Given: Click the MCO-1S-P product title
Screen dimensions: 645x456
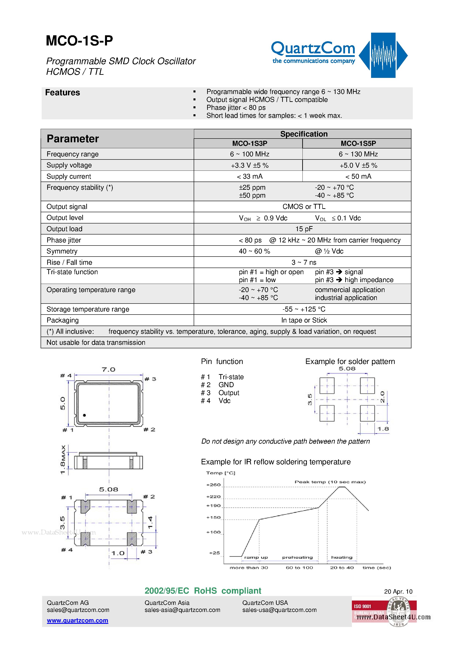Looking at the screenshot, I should pos(79,41).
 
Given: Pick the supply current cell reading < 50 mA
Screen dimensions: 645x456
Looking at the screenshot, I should pos(358,176).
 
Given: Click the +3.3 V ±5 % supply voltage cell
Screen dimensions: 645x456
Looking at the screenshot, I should pos(249,165).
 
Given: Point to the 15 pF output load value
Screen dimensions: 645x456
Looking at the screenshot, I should pos(304,229).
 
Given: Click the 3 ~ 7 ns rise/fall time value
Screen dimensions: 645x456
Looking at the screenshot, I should pos(304,262).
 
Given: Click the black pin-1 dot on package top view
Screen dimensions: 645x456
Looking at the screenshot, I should pos(84,415).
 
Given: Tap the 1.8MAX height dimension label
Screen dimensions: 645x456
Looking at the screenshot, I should pos(63,459).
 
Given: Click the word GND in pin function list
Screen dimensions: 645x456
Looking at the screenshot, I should pos(226,385).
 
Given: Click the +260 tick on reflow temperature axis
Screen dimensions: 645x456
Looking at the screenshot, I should pos(214,485).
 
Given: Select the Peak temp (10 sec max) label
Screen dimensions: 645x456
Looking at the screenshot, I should pos(330,482).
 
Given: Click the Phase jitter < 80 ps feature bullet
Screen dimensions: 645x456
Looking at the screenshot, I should pos(236,108).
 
